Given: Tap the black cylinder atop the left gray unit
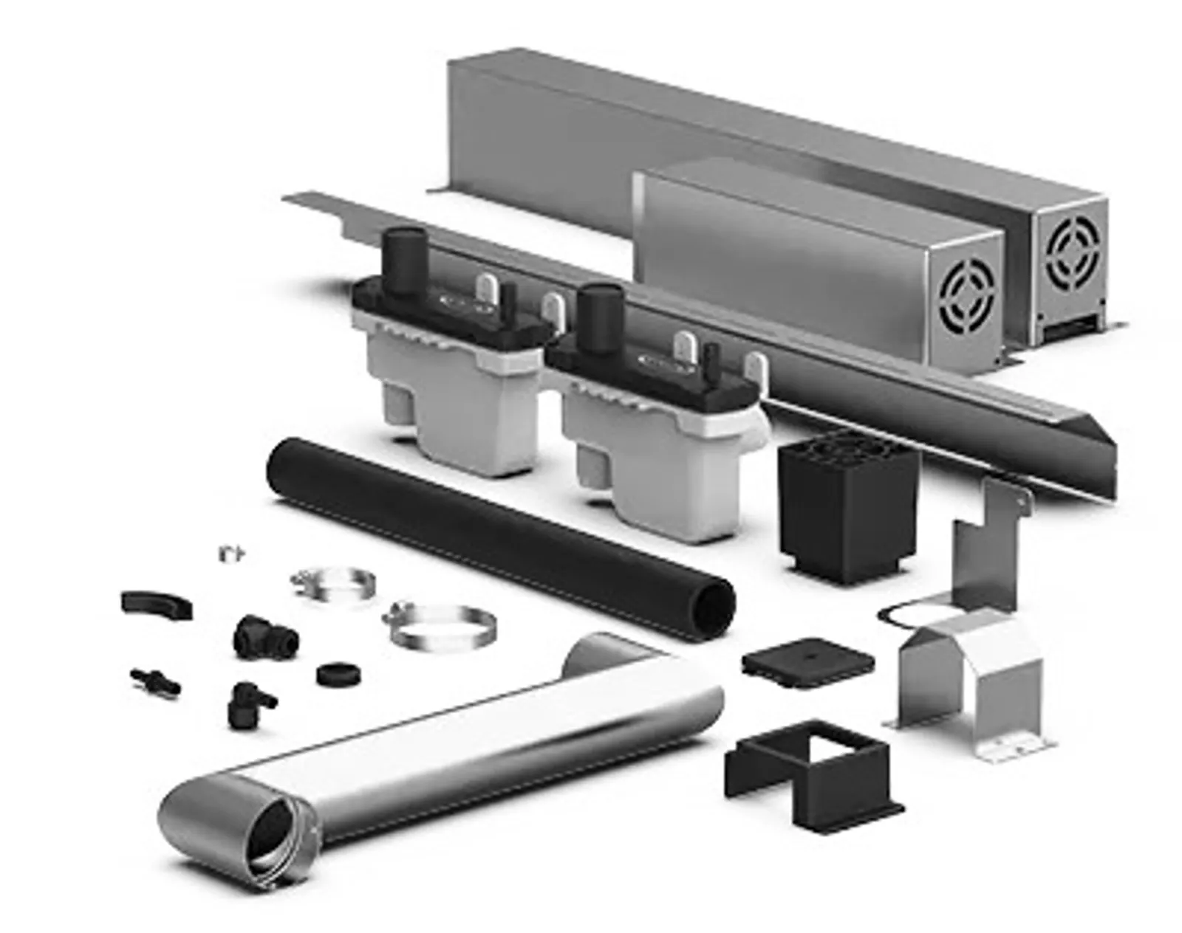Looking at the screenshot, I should [404, 262].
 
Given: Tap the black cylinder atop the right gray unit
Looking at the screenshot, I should [601, 316].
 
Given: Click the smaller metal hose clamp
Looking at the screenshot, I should [332, 584].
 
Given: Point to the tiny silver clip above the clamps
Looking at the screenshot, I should [232, 552].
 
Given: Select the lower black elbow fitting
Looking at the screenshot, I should [247, 701].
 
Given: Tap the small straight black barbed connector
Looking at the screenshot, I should [155, 681].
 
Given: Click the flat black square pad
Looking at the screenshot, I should [807, 658].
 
